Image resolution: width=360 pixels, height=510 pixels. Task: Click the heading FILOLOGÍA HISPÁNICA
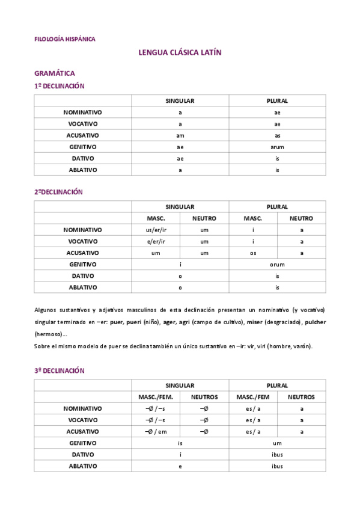click(x=65, y=39)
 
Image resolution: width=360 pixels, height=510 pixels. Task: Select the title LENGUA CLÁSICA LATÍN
click(x=180, y=53)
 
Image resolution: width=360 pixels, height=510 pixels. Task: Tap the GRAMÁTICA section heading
click(x=55, y=73)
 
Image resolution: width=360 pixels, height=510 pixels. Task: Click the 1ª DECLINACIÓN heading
click(x=59, y=86)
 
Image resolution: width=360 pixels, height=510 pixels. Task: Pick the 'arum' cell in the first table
click(x=277, y=147)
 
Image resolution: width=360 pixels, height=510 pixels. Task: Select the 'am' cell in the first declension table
click(x=180, y=135)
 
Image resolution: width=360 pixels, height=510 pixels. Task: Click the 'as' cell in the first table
click(x=277, y=135)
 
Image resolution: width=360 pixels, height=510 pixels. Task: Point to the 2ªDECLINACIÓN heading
click(x=58, y=192)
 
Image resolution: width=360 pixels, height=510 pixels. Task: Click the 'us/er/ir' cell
click(x=156, y=230)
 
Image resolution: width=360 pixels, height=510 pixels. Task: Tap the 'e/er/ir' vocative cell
click(x=156, y=241)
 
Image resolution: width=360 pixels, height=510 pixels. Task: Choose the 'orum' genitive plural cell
click(x=277, y=264)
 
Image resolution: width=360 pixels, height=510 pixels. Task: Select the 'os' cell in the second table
click(x=253, y=253)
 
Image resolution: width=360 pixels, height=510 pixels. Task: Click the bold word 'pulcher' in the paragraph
click(x=315, y=322)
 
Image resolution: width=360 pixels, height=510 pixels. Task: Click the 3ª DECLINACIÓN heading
click(x=59, y=370)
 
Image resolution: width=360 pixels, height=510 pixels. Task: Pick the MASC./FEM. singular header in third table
click(x=156, y=397)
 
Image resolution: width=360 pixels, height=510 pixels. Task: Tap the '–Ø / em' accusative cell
click(x=156, y=431)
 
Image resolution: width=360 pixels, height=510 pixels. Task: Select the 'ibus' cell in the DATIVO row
click(x=277, y=454)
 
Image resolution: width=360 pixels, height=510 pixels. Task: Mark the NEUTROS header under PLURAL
click(x=301, y=397)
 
